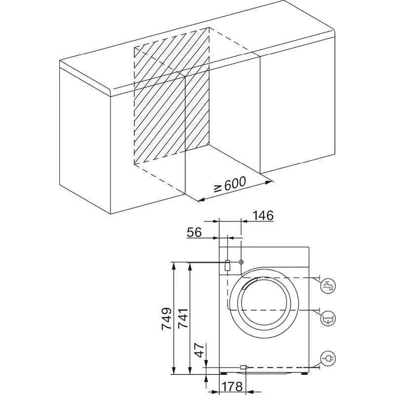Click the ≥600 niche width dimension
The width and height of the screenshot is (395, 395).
pos(230,186)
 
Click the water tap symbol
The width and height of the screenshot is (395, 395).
pos(328,285)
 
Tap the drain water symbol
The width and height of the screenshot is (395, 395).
pos(328,318)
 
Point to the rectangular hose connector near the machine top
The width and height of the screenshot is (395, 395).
pos(228,265)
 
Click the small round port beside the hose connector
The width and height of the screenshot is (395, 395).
pos(240,262)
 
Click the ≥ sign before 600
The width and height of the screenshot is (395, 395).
pos(218,188)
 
